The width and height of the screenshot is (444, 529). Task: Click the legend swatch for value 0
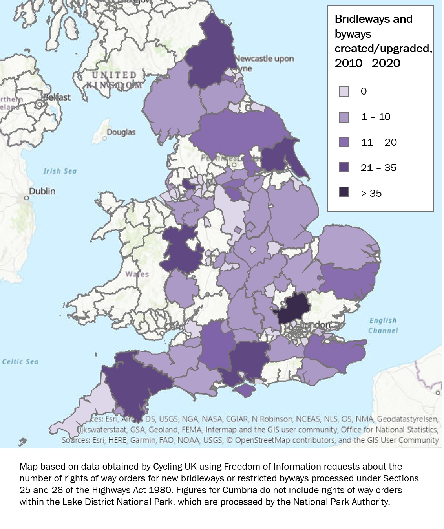point(344,92)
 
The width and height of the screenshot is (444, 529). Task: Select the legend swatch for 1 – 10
point(344,117)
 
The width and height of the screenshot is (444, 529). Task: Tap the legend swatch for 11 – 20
point(344,142)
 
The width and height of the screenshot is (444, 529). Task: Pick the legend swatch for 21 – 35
point(344,167)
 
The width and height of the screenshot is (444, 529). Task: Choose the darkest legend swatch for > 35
point(344,192)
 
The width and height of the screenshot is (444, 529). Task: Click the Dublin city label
point(42,191)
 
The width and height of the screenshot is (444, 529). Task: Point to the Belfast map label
point(57,97)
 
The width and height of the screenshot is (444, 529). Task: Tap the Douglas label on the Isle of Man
point(121,132)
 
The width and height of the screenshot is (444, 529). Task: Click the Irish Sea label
point(60,171)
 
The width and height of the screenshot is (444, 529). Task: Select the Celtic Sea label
point(20,362)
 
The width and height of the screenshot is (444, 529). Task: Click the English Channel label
point(383,326)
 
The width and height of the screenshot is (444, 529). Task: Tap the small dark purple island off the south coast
point(246,390)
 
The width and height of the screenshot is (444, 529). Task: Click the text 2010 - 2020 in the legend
point(367,63)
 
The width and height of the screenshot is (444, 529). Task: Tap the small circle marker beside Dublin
point(27,198)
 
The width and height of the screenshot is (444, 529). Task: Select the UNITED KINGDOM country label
point(114,80)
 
